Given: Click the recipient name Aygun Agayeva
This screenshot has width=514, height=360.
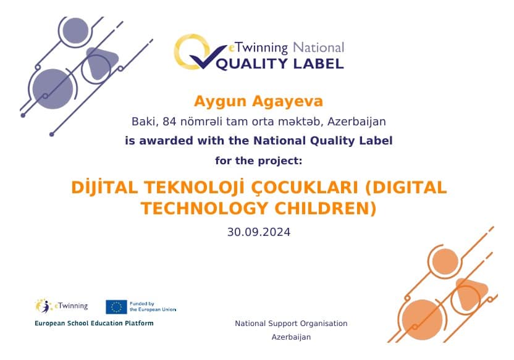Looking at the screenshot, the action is click(258, 101).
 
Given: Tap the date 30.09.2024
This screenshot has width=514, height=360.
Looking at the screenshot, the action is click(259, 232).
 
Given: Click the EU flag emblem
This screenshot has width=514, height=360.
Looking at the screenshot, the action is click(116, 307).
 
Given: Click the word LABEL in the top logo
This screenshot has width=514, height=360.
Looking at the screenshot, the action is click(318, 64).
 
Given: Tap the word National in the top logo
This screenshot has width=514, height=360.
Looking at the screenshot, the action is click(319, 48).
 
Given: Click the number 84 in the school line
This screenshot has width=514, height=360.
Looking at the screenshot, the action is click(169, 122).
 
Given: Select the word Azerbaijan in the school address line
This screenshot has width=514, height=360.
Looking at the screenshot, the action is click(356, 122).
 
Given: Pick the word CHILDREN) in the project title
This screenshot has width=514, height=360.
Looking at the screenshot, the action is click(326, 209).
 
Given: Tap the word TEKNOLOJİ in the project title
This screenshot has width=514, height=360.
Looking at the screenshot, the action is click(195, 188).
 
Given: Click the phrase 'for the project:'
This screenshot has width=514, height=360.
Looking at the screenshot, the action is click(259, 161).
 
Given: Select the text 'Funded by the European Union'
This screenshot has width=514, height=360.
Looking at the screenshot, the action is click(153, 307).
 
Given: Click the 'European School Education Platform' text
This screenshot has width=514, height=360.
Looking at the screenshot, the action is click(94, 324).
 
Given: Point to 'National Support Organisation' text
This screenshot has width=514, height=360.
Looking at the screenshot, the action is click(291, 324).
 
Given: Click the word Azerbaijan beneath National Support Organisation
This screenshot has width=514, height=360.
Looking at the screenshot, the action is click(291, 337).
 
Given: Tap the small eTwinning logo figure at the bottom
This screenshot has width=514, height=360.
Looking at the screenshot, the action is click(43, 306).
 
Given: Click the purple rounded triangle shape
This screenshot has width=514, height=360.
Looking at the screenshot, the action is click(101, 62).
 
